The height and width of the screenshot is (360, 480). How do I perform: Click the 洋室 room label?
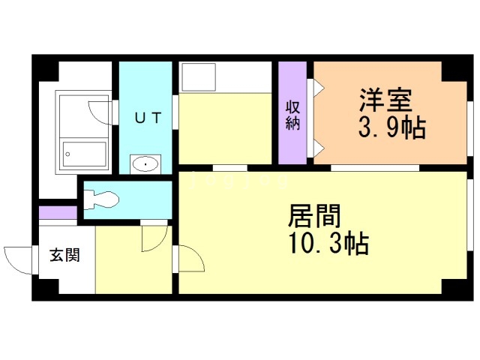coord(388,100)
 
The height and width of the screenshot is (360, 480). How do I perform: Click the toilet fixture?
coord(102,199)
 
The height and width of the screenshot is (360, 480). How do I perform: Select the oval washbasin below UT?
coord(144,163)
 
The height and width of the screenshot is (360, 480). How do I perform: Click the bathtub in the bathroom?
coord(84,154)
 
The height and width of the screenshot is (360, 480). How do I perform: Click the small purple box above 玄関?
coord(58,212)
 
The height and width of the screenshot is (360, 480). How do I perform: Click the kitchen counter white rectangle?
coord(225,77)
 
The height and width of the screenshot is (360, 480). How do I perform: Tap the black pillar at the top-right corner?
coord(454,70)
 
